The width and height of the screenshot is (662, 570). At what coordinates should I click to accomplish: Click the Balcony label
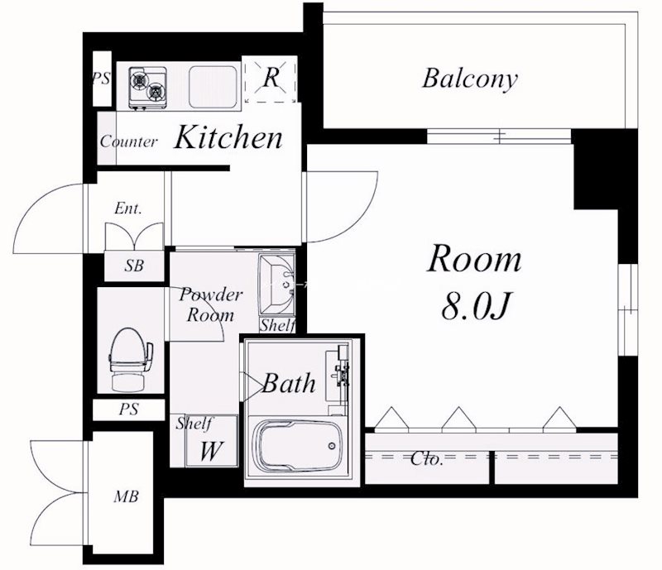pyautogui.click(x=470, y=79)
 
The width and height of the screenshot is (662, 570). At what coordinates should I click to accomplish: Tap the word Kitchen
pyautogui.click(x=228, y=137)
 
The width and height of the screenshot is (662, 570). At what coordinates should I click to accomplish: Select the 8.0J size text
pyautogui.click(x=476, y=306)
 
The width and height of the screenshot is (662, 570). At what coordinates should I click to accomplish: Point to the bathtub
pyautogui.click(x=300, y=448)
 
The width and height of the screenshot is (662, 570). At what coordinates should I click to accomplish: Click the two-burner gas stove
pyautogui.click(x=147, y=89)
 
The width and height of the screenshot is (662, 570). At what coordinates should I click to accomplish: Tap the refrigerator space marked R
pyautogui.click(x=271, y=79)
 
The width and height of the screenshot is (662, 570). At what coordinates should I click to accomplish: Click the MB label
pyautogui.click(x=126, y=496)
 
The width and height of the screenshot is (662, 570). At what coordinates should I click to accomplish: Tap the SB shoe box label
pyautogui.click(x=134, y=266)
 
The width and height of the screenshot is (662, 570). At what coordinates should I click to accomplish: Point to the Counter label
pyautogui.click(x=129, y=141)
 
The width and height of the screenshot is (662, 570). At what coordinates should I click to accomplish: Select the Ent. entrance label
pyautogui.click(x=128, y=208)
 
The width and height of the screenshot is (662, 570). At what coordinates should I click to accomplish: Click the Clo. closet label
pyautogui.click(x=427, y=458)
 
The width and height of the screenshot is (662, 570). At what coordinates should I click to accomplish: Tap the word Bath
pyautogui.click(x=289, y=383)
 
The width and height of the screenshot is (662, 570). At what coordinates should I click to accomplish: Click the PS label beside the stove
pyautogui.click(x=102, y=78)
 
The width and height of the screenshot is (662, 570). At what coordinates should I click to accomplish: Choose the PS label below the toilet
pyautogui.click(x=129, y=409)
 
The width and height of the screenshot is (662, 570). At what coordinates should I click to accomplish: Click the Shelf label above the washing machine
pyautogui.click(x=194, y=423)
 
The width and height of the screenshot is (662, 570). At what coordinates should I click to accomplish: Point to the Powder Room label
pyautogui.click(x=210, y=304)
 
